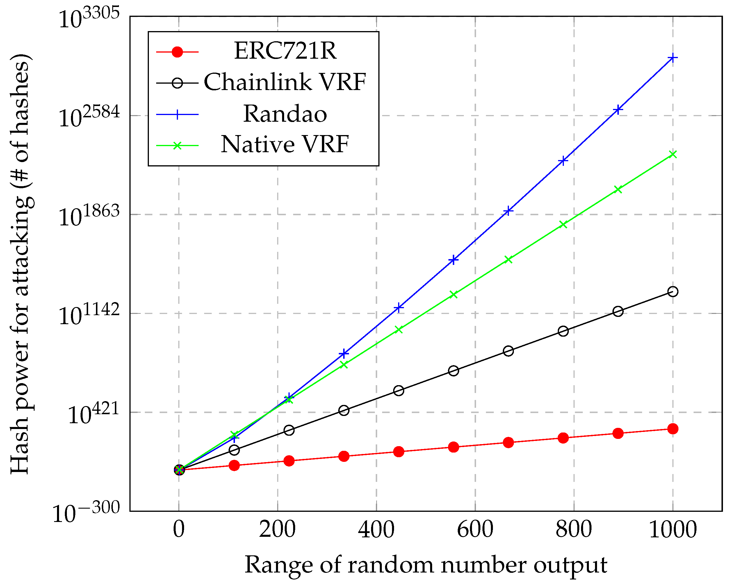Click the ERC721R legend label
click(x=285, y=51)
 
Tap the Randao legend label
click(x=285, y=114)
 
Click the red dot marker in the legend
click(x=177, y=52)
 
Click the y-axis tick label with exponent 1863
click(x=89, y=217)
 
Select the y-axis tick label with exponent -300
click(x=86, y=513)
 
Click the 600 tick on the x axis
click(x=475, y=530)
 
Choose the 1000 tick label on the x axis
click(x=673, y=530)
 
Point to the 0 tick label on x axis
click(x=179, y=530)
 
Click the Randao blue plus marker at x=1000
click(x=673, y=58)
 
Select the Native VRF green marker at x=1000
click(x=673, y=155)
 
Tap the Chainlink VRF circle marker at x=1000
click(x=673, y=291)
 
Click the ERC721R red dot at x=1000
click(x=673, y=429)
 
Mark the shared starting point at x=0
click(x=179, y=470)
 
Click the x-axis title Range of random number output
click(x=425, y=565)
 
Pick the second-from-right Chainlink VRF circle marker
click(x=618, y=311)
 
